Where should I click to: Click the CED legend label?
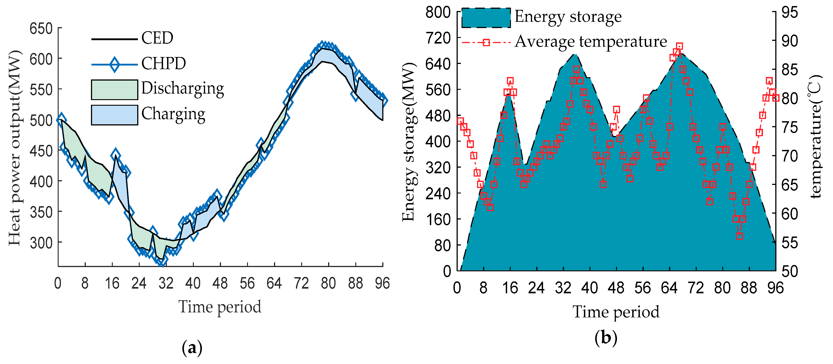[x=157, y=38]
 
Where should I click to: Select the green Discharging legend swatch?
[x=115, y=90]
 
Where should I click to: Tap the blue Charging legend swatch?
[x=115, y=115]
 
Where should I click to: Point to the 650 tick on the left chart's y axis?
[x=41, y=29]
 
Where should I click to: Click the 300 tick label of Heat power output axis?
[x=41, y=243]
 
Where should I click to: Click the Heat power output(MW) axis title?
[x=15, y=148]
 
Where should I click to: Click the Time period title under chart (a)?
[x=220, y=307]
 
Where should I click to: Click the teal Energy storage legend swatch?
[x=486, y=18]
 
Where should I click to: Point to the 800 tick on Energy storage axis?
[x=438, y=12]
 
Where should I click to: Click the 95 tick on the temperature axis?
[x=789, y=12]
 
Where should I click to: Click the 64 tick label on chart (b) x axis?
[x=669, y=287]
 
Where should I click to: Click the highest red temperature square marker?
[x=679, y=46]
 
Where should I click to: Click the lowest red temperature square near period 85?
[x=739, y=236]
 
